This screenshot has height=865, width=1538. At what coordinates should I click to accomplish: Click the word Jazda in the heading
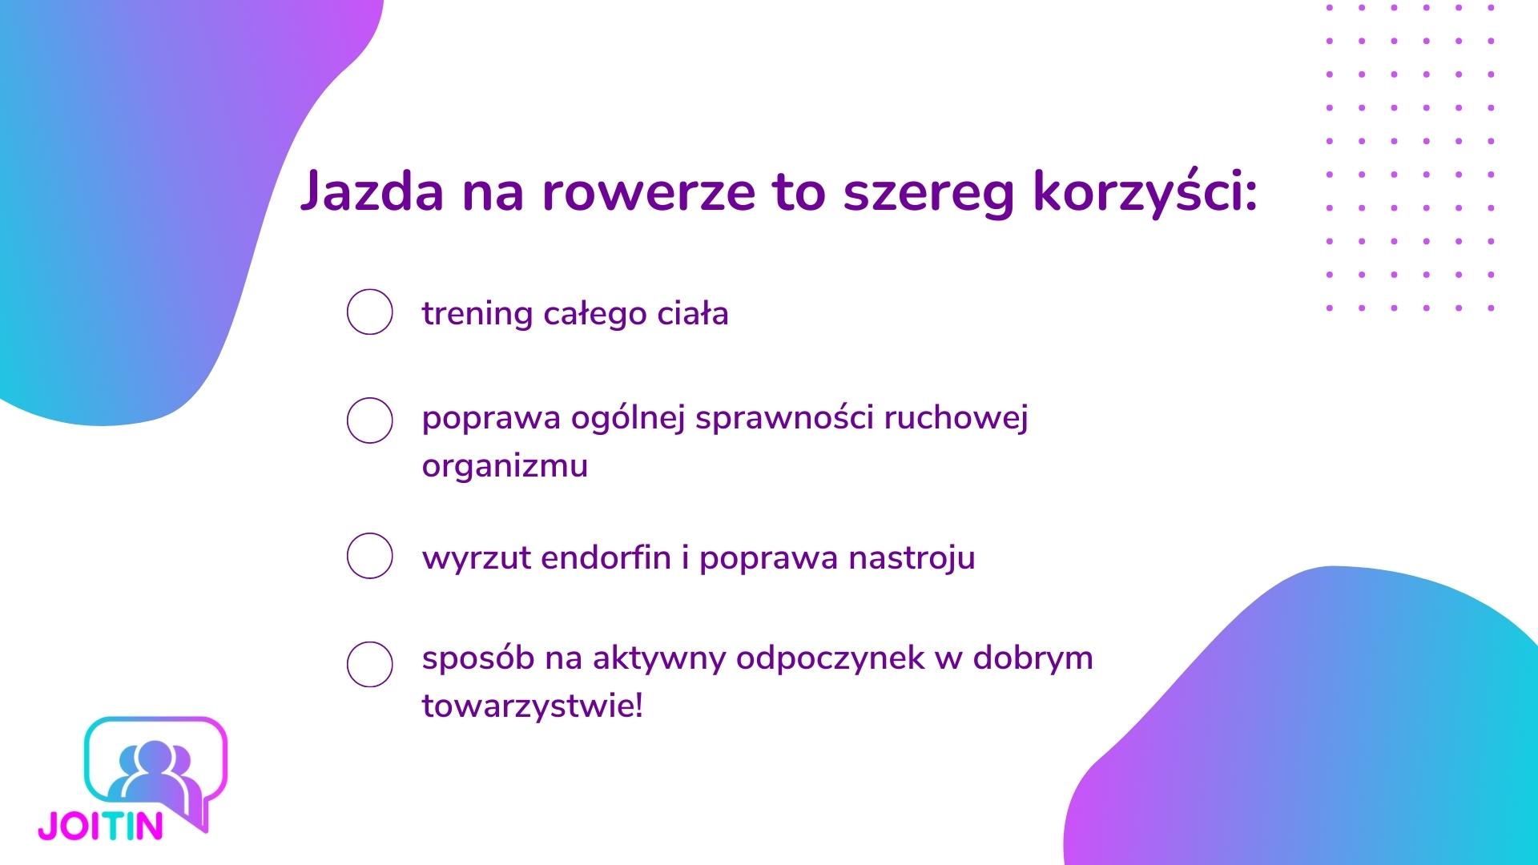[x=372, y=192]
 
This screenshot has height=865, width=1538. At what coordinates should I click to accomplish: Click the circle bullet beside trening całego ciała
[x=369, y=312]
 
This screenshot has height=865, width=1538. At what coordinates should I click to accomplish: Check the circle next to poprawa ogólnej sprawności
[x=369, y=420]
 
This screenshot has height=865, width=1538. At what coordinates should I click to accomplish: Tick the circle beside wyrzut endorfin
[x=369, y=556]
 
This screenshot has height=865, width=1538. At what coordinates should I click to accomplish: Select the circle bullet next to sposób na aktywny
[x=369, y=664]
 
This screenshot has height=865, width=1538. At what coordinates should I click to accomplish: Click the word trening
[x=477, y=314]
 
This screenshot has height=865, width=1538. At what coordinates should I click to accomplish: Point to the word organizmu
[x=505, y=466]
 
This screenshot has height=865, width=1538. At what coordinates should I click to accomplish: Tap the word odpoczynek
[x=830, y=659]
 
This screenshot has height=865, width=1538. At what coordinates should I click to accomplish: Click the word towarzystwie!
[x=533, y=706]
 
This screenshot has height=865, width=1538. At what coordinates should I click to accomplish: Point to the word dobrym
[x=1033, y=659]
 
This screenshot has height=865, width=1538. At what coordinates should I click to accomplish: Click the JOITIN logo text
[x=101, y=826]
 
